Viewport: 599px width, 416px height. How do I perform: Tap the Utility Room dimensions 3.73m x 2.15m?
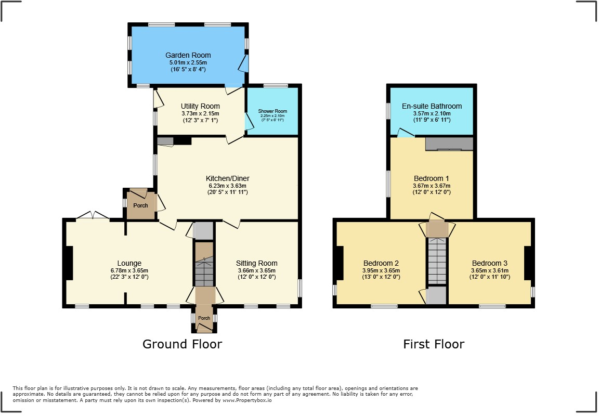(x=200, y=113)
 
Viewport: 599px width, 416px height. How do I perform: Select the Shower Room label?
(x=272, y=111)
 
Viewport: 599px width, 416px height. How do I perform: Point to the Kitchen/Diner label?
(x=228, y=179)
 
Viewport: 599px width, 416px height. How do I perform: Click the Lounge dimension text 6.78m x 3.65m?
(x=129, y=270)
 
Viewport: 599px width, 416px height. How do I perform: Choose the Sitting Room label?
(x=256, y=263)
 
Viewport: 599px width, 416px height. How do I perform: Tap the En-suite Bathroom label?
(x=432, y=106)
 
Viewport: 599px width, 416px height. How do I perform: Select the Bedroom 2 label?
(x=381, y=263)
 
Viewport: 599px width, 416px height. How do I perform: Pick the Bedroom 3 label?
(x=490, y=263)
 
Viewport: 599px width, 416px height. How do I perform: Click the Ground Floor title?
(x=182, y=344)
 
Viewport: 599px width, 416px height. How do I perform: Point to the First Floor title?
(x=434, y=344)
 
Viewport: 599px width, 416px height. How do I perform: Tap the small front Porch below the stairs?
(x=204, y=318)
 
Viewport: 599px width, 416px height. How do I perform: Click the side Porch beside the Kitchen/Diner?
(x=140, y=205)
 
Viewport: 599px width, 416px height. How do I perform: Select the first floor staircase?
(x=437, y=261)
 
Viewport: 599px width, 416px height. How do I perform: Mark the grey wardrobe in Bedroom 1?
(x=449, y=144)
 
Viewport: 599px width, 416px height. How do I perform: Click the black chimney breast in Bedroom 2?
(x=340, y=263)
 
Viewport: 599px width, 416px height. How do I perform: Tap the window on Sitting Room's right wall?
(x=299, y=288)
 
